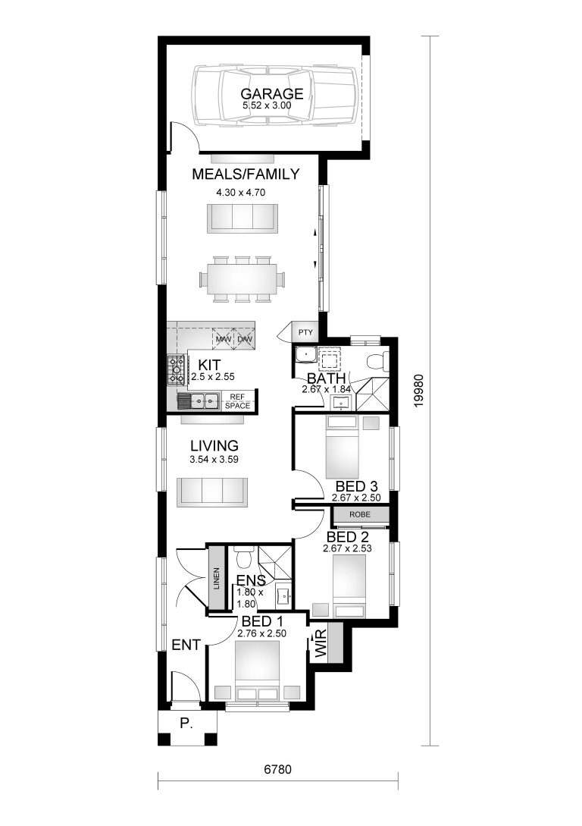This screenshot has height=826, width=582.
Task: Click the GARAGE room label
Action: (272, 94)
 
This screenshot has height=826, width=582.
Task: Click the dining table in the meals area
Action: (242, 278)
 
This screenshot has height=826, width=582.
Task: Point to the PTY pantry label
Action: (305, 332)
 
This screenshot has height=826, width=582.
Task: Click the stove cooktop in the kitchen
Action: (176, 369)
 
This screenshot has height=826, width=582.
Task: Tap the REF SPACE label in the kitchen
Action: (237, 401)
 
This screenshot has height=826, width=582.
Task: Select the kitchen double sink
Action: (199, 400)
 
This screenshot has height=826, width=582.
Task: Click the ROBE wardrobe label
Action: (360, 515)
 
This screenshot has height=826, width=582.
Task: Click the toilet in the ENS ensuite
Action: (244, 560)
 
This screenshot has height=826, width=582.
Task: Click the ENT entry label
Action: (186, 645)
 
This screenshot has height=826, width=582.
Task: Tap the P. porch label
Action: (186, 723)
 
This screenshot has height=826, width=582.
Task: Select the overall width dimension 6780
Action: (278, 769)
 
